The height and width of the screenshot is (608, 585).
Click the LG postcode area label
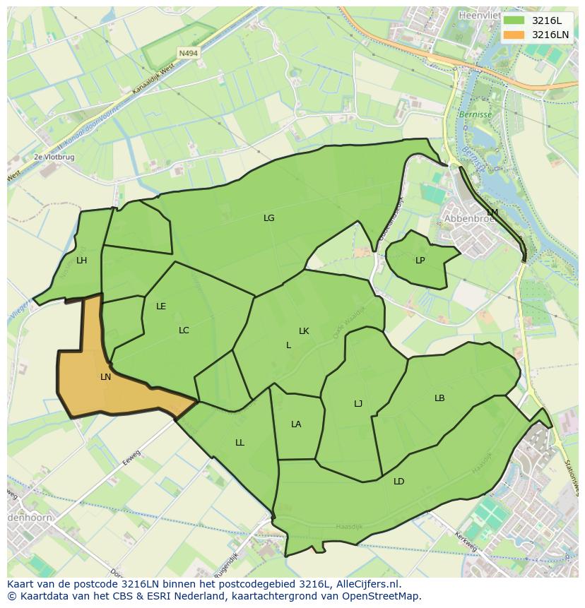tap(268, 218)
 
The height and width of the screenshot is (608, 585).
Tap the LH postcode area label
tap(82, 261)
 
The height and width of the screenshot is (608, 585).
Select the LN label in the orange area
tap(105, 377)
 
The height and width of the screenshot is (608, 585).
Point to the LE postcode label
tap(161, 306)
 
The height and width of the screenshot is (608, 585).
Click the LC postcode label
tap(184, 330)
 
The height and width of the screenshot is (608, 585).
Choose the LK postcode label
tap(304, 331)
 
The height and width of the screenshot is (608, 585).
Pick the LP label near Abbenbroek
tap(420, 261)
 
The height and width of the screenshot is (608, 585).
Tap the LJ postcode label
tap(358, 404)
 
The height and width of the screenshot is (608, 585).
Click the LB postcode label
tap(439, 398)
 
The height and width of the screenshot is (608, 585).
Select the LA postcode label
tap(296, 424)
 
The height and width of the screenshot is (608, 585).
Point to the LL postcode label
tap(240, 443)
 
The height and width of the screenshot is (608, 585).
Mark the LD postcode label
tap(399, 482)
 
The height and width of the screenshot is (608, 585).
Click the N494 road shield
tap(188, 53)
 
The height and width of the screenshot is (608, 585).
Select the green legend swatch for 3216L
tap(514, 20)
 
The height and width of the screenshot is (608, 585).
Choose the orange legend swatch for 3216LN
tap(514, 35)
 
